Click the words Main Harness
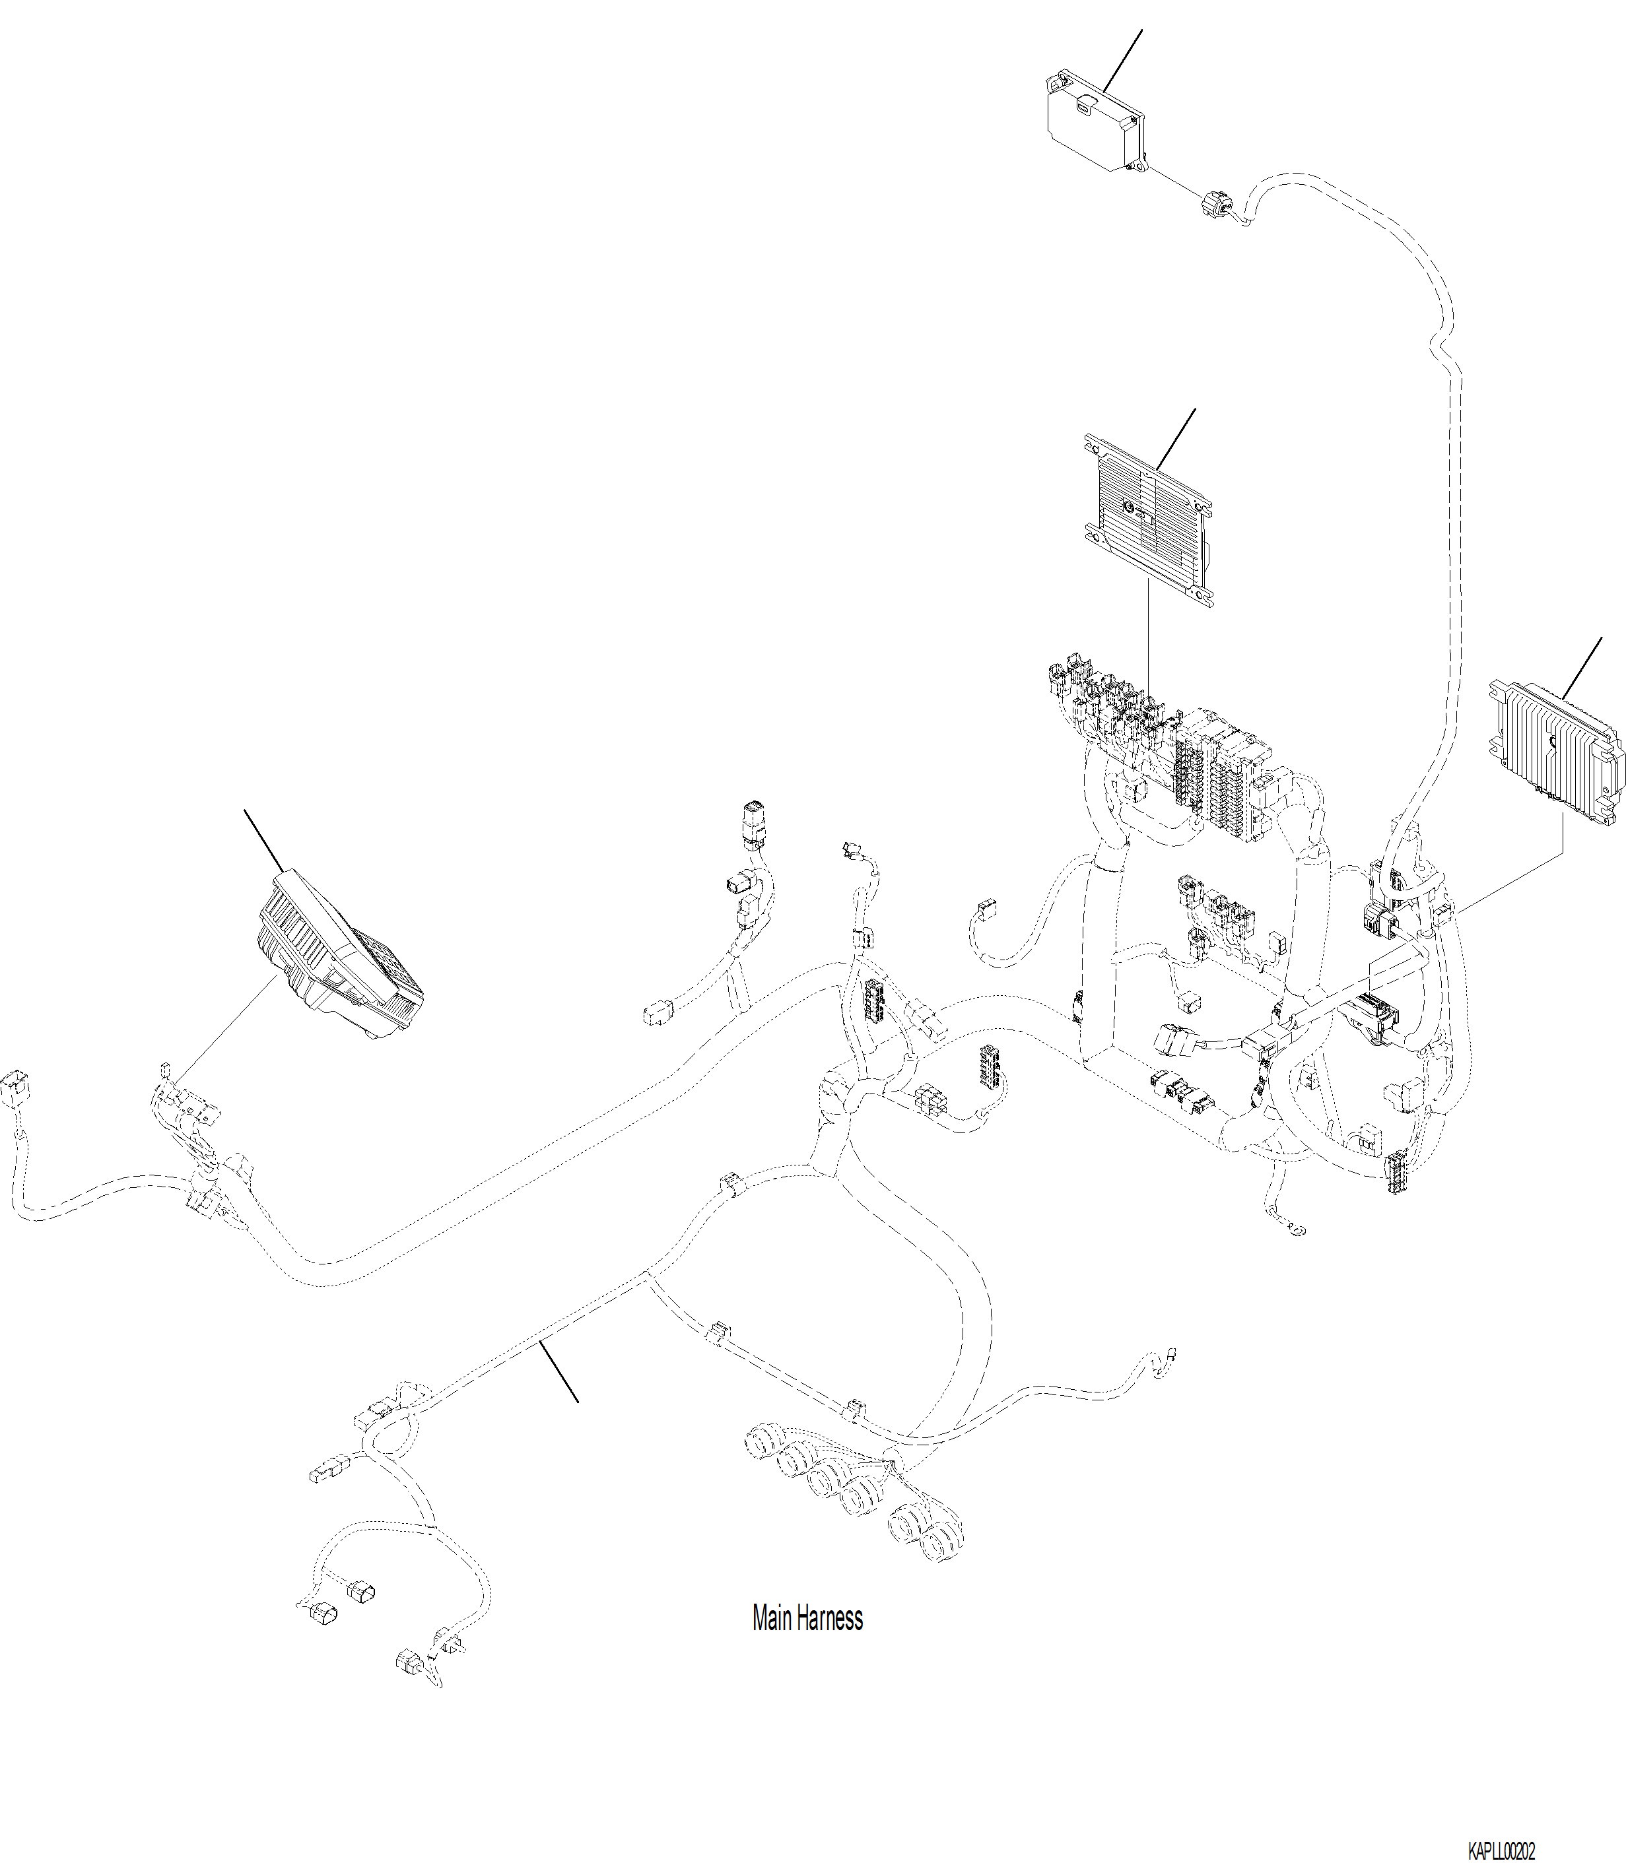807,1618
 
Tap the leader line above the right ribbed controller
1582,667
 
